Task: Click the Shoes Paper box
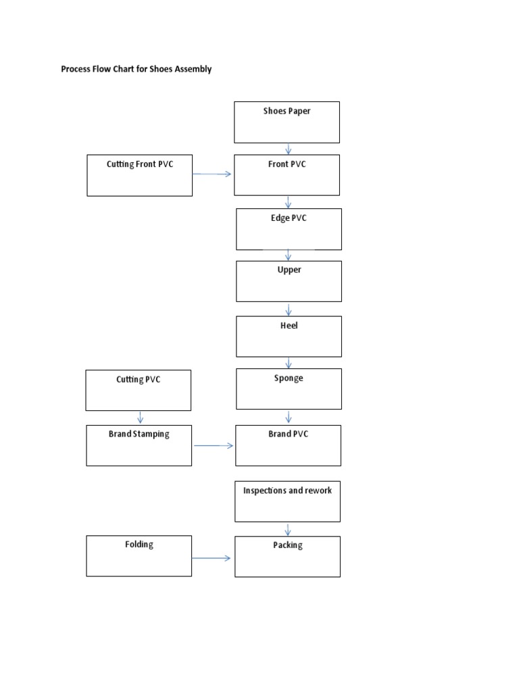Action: (287, 122)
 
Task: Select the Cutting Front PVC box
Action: (139, 176)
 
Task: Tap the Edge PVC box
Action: (289, 229)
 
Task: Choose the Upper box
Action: (289, 281)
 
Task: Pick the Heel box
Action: (289, 336)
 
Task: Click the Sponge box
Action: (289, 389)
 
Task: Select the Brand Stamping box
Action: (139, 445)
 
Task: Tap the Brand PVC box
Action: (288, 445)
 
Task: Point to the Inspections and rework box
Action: (287, 501)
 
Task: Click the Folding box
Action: (139, 555)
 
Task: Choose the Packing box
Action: (287, 556)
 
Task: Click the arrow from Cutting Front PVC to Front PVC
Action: (212, 174)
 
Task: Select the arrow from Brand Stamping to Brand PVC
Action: (214, 445)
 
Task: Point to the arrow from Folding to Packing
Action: (212, 558)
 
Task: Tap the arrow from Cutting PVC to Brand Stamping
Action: (140, 417)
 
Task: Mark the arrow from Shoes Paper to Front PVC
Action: (289, 149)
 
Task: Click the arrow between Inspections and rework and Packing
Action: (288, 529)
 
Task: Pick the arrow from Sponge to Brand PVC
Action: (289, 417)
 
